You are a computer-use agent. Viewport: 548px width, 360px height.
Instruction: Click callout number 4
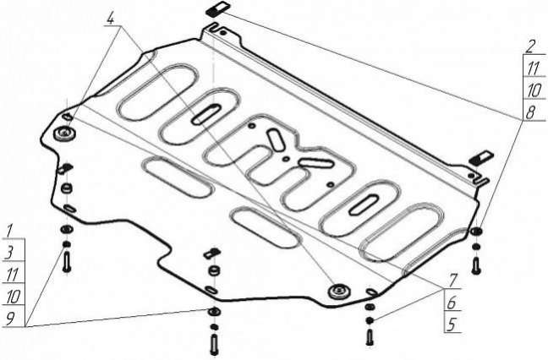pos(111,18)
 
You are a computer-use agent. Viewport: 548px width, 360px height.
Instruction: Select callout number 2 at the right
pos(531,46)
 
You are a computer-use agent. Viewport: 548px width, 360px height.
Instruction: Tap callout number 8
pos(531,113)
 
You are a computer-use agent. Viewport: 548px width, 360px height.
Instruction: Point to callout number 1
pos(9,231)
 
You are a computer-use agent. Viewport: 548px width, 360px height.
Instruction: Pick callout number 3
pos(9,253)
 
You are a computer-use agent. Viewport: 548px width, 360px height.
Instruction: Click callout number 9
pos(10,319)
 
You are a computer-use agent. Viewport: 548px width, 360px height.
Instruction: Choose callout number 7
pos(453,281)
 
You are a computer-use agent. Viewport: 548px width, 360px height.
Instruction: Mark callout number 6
pos(452,303)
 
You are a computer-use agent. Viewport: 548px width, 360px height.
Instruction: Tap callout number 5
pos(452,325)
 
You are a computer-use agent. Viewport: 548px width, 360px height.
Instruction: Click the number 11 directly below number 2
pos(534,68)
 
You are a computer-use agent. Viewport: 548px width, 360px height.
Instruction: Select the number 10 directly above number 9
pos(14,297)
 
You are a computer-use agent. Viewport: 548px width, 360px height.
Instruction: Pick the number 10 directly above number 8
pos(534,90)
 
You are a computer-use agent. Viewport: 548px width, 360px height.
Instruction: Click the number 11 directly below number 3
pos(13,275)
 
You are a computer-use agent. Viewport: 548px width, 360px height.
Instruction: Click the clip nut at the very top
pos(216,8)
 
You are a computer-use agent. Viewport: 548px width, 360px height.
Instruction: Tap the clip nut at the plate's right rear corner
pos(481,157)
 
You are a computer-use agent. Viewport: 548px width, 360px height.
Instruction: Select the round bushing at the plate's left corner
pos(65,133)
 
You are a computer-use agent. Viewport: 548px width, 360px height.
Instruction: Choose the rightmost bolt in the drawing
pos(475,265)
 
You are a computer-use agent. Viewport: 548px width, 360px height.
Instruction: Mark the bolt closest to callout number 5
pos(370,338)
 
